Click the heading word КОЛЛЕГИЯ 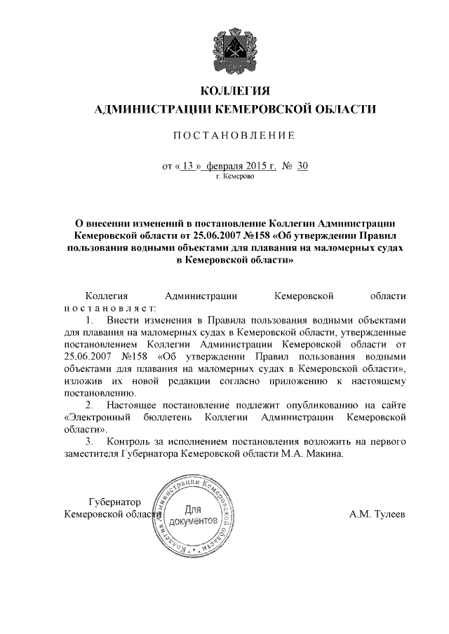[235, 92]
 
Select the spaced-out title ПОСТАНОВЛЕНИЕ [234, 135]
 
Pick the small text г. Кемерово [235, 177]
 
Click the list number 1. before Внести [90, 319]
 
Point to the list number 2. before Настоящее [90, 406]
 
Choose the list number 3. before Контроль [90, 442]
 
